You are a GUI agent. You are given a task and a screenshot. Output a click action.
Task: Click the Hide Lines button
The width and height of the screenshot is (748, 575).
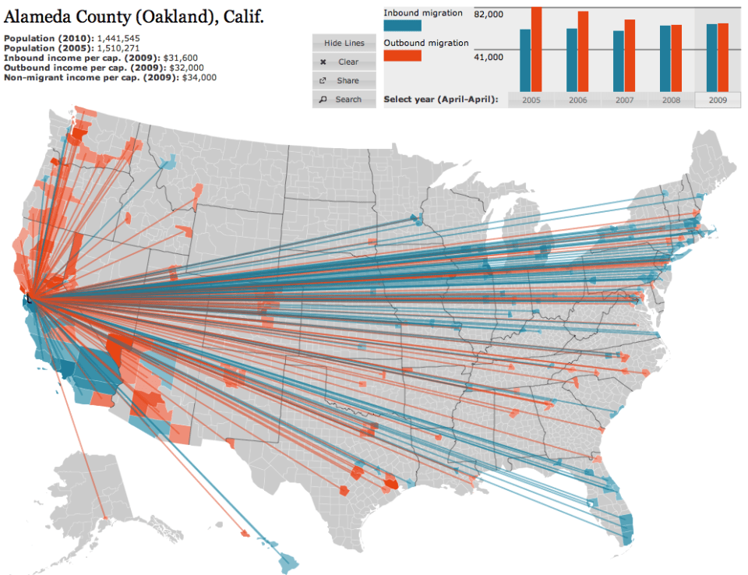click(x=344, y=44)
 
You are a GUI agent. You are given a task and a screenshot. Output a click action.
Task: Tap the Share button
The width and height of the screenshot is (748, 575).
click(x=344, y=81)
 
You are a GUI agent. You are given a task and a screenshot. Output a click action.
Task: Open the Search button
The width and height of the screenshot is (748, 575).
click(x=344, y=100)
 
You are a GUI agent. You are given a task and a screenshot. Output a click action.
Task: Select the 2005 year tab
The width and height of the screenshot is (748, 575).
click(x=531, y=101)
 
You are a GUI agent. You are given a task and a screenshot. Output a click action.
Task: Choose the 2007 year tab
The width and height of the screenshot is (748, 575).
click(x=624, y=101)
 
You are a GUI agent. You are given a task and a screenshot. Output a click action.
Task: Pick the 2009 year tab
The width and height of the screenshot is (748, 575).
click(x=718, y=101)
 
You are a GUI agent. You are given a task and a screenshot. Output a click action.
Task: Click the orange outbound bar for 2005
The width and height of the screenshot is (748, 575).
click(x=537, y=49)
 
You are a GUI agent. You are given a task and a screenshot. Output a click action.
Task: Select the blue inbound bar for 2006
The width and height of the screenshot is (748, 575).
click(x=572, y=60)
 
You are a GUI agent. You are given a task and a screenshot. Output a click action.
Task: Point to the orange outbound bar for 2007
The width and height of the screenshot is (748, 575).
click(x=630, y=55)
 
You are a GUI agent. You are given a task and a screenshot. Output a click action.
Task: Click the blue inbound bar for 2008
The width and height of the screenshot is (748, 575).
click(x=665, y=58)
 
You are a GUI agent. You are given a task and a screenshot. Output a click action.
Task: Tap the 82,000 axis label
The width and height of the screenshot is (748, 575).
click(x=489, y=15)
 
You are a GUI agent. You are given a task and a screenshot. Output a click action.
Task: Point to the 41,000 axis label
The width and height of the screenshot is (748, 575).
click(x=489, y=57)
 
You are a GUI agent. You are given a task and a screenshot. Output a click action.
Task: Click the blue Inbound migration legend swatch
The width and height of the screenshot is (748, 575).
click(x=402, y=26)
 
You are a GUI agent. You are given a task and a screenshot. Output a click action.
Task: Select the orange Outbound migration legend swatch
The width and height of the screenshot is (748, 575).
click(x=402, y=55)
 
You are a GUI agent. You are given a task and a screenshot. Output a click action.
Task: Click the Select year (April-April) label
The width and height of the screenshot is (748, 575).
click(x=440, y=101)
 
